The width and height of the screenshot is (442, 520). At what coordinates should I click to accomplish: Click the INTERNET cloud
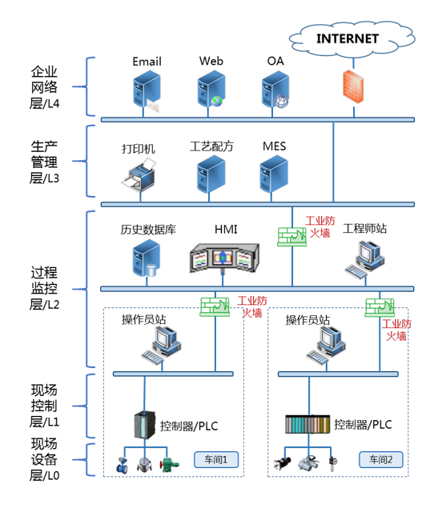[x=352, y=39]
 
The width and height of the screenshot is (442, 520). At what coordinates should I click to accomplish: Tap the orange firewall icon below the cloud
[x=353, y=86]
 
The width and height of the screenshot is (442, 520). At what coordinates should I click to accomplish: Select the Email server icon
[x=147, y=91]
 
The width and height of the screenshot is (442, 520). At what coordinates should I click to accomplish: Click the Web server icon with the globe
[x=211, y=90]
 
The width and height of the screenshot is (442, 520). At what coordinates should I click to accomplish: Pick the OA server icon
[x=275, y=90]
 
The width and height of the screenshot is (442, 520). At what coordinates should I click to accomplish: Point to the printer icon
[x=139, y=174]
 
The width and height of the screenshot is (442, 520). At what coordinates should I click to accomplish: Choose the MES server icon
[x=274, y=174]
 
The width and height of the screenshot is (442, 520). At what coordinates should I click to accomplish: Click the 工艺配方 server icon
[x=211, y=174]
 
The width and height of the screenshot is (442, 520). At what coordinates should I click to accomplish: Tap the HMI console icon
[x=224, y=258]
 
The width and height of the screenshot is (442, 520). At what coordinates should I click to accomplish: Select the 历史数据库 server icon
[x=147, y=258]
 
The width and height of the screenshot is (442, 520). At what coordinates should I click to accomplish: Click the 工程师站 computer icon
[x=365, y=260]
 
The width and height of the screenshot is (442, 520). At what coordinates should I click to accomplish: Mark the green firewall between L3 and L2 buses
[x=292, y=237]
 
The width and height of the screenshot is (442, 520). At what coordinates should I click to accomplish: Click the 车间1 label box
[x=216, y=460]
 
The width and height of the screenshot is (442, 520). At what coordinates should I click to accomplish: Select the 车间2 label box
[x=381, y=460]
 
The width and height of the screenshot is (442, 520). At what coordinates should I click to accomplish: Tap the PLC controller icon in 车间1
[x=145, y=425]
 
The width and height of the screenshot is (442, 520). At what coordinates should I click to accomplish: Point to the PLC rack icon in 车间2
[x=307, y=425]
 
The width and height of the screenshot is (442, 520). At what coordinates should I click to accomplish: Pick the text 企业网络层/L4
[x=44, y=87]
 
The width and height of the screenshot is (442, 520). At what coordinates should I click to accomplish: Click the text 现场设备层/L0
[x=44, y=460]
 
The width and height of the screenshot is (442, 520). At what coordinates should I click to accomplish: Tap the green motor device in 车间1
[x=169, y=464]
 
